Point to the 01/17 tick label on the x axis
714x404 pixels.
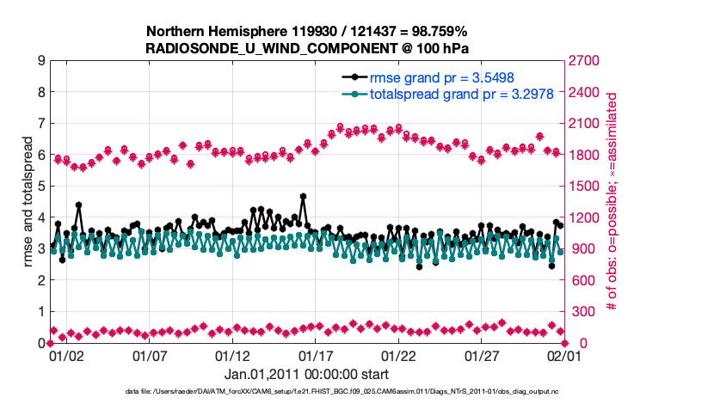click(315, 354)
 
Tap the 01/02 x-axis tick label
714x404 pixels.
click(65, 354)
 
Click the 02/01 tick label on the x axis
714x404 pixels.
click(565, 354)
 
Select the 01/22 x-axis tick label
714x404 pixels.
click(398, 354)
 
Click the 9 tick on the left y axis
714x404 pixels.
click(41, 61)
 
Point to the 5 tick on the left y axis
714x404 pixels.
click(41, 187)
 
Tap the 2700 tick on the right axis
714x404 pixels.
click(582, 61)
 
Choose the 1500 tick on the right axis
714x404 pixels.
click(582, 187)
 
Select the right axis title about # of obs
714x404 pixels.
click(612, 202)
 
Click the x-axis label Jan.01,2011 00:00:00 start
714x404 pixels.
click(306, 374)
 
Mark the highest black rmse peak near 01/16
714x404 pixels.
click(303, 196)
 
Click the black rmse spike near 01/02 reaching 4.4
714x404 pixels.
click(78, 205)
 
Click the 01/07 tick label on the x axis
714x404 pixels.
click(149, 354)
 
